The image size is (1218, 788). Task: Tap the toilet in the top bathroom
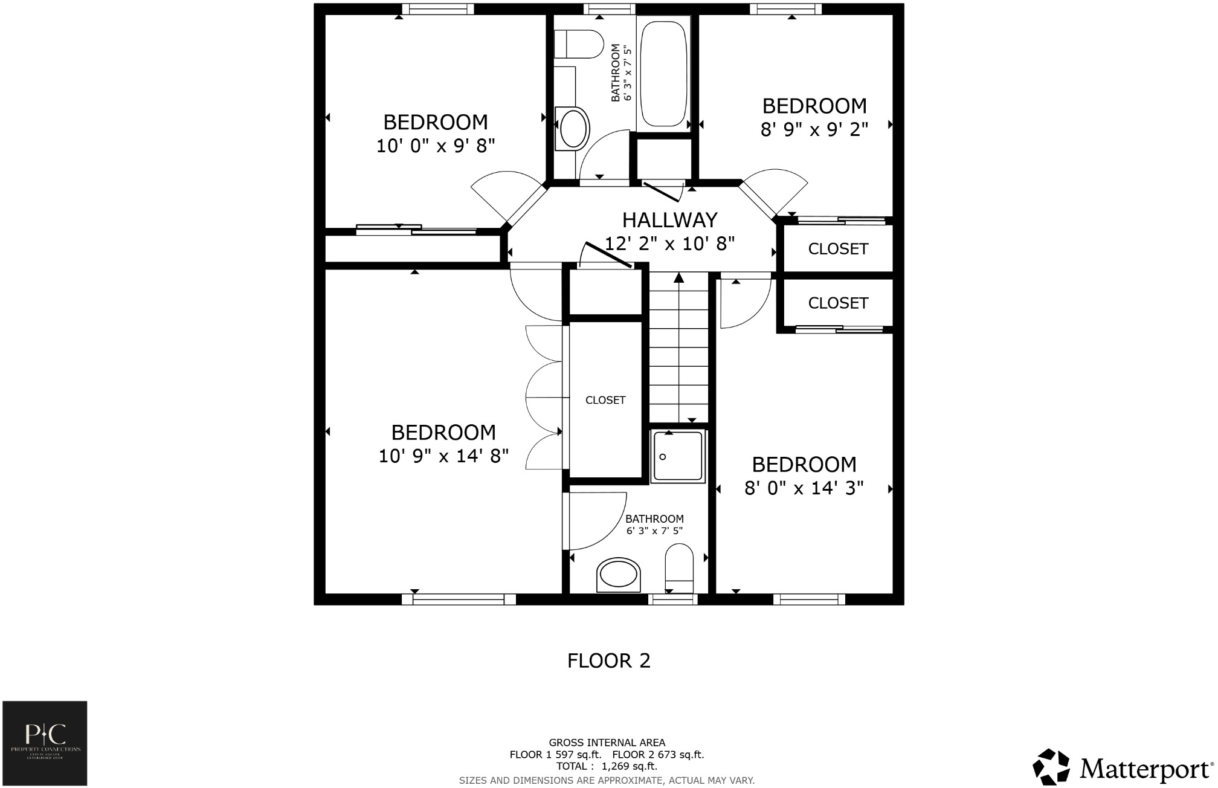[x=579, y=44]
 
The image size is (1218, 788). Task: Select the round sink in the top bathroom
[x=573, y=128]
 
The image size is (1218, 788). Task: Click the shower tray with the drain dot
[x=678, y=456]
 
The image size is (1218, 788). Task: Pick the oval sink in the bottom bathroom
[x=618, y=574]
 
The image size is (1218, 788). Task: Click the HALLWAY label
[x=669, y=219]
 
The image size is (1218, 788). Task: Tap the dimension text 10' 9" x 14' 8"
[x=443, y=456]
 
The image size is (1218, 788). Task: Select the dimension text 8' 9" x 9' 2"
[x=814, y=129]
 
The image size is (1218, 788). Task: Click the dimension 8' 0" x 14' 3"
[x=804, y=488]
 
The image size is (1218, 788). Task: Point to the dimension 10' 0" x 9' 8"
[x=436, y=146]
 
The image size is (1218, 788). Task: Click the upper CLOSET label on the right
[x=837, y=249]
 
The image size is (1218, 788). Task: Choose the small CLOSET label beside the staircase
[x=605, y=400]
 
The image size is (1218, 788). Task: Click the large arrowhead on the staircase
[x=678, y=277]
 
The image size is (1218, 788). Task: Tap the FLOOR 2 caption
[x=608, y=661]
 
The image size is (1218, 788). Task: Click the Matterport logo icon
[x=1052, y=767]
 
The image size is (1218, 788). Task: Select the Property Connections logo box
[x=45, y=743]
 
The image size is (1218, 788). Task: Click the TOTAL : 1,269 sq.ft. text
[x=607, y=766]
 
